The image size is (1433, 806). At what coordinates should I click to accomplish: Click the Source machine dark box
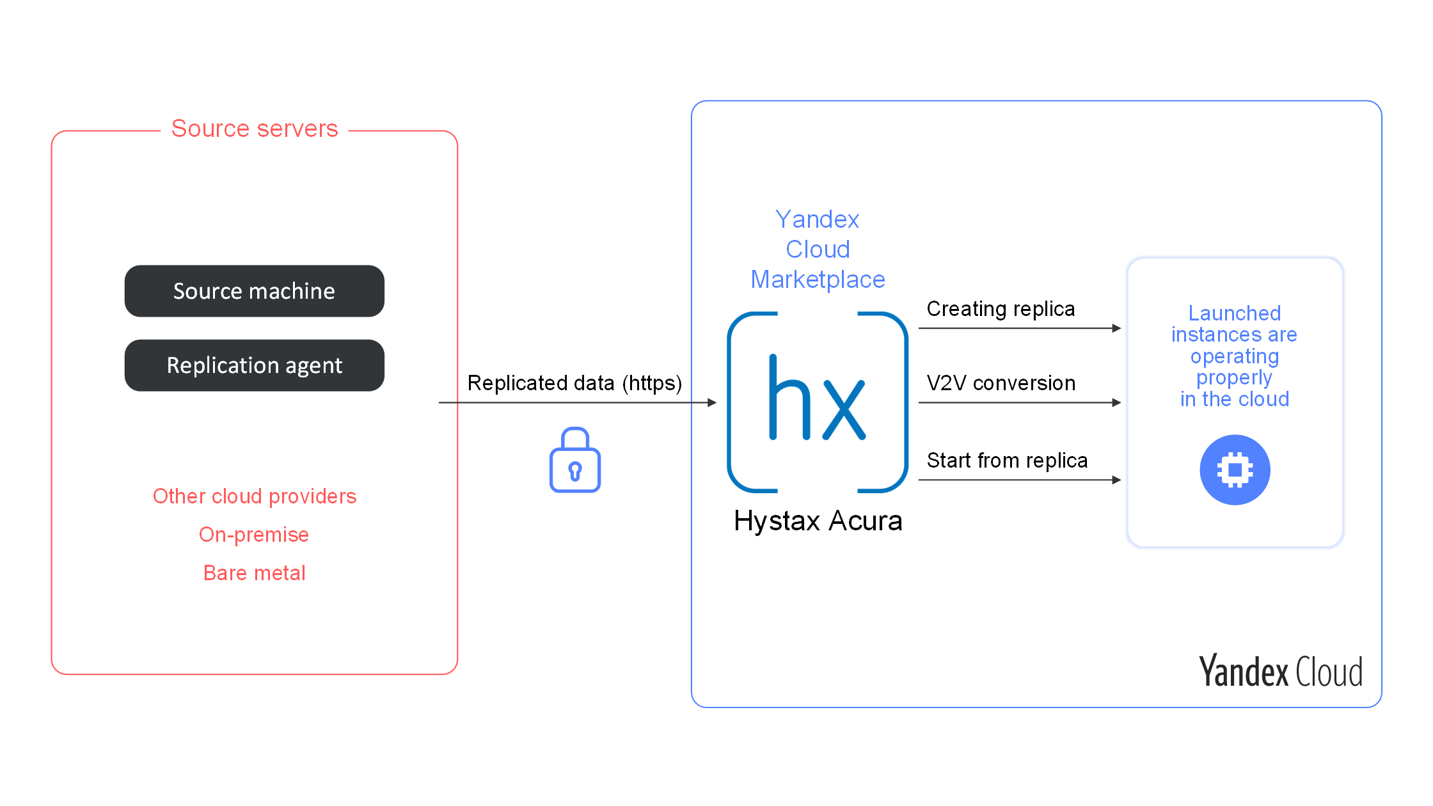pyautogui.click(x=255, y=291)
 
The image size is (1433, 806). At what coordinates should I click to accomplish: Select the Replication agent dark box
pyautogui.click(x=255, y=365)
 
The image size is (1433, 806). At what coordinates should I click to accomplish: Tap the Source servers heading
pyautogui.click(x=255, y=129)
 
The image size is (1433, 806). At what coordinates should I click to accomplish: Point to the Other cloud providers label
pyautogui.click(x=255, y=496)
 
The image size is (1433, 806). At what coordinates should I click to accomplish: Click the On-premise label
pyautogui.click(x=254, y=535)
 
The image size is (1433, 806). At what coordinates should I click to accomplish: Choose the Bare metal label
pyautogui.click(x=255, y=573)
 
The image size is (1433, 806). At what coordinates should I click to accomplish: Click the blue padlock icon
pyautogui.click(x=575, y=460)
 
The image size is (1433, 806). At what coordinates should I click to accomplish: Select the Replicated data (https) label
pyautogui.click(x=574, y=383)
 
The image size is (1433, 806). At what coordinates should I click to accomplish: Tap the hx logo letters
pyautogui.click(x=817, y=397)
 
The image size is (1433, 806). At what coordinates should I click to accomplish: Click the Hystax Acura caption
pyautogui.click(x=818, y=521)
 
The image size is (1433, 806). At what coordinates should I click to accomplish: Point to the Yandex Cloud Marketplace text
pyautogui.click(x=818, y=249)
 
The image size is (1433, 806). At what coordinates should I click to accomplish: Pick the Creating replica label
pyautogui.click(x=1001, y=309)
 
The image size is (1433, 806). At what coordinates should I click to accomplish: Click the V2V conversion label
pyautogui.click(x=1001, y=383)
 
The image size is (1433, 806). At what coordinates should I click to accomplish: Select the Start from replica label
pyautogui.click(x=1007, y=461)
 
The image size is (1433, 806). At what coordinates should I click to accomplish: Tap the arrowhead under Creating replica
pyautogui.click(x=1117, y=328)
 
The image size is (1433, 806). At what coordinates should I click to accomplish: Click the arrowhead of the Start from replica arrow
pyautogui.click(x=1117, y=480)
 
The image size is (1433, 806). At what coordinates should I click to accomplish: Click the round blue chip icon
pyautogui.click(x=1235, y=470)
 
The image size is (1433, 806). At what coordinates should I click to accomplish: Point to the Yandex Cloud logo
pyautogui.click(x=1281, y=671)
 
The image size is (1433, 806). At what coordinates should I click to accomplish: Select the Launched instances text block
pyautogui.click(x=1235, y=356)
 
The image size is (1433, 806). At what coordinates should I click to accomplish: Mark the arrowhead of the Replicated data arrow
pyautogui.click(x=712, y=402)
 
